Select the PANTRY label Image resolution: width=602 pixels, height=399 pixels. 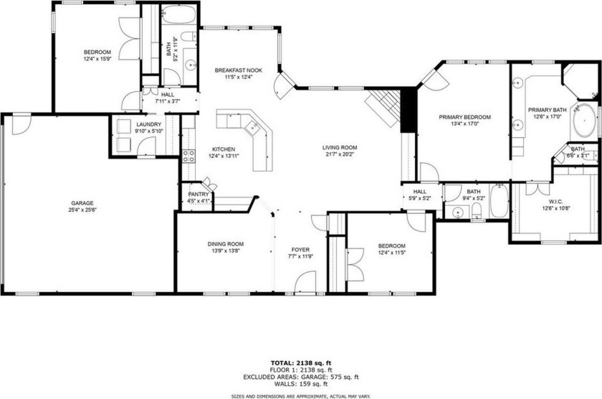(199, 194)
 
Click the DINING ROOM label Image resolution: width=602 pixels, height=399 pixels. (226, 244)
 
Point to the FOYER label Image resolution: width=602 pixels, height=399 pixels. (300, 250)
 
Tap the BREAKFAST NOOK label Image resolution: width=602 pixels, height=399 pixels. (239, 70)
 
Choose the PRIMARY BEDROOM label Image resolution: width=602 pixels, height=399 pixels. (464, 117)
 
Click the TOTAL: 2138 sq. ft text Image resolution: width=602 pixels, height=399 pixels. (300, 364)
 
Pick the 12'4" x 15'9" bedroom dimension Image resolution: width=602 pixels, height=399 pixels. (97, 60)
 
